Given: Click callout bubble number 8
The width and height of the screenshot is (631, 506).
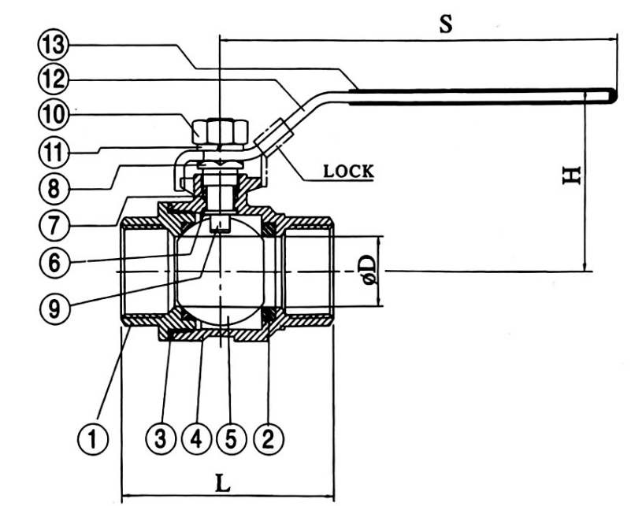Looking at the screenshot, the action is (x=54, y=188).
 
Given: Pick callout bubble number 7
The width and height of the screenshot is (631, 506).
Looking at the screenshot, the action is (x=54, y=225).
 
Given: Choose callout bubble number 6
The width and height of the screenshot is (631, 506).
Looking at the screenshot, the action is (x=54, y=263).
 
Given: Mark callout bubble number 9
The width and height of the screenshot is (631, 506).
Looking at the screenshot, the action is (x=54, y=308).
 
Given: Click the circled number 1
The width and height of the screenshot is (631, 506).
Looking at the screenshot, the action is (x=93, y=439).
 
